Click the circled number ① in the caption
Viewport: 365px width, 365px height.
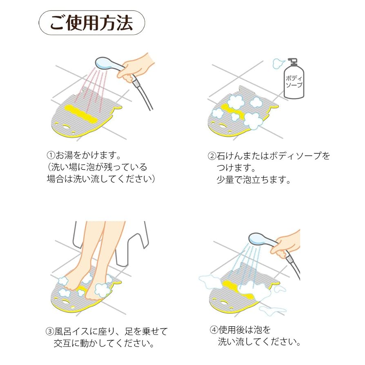51,156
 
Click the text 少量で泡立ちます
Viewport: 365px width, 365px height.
253,180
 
